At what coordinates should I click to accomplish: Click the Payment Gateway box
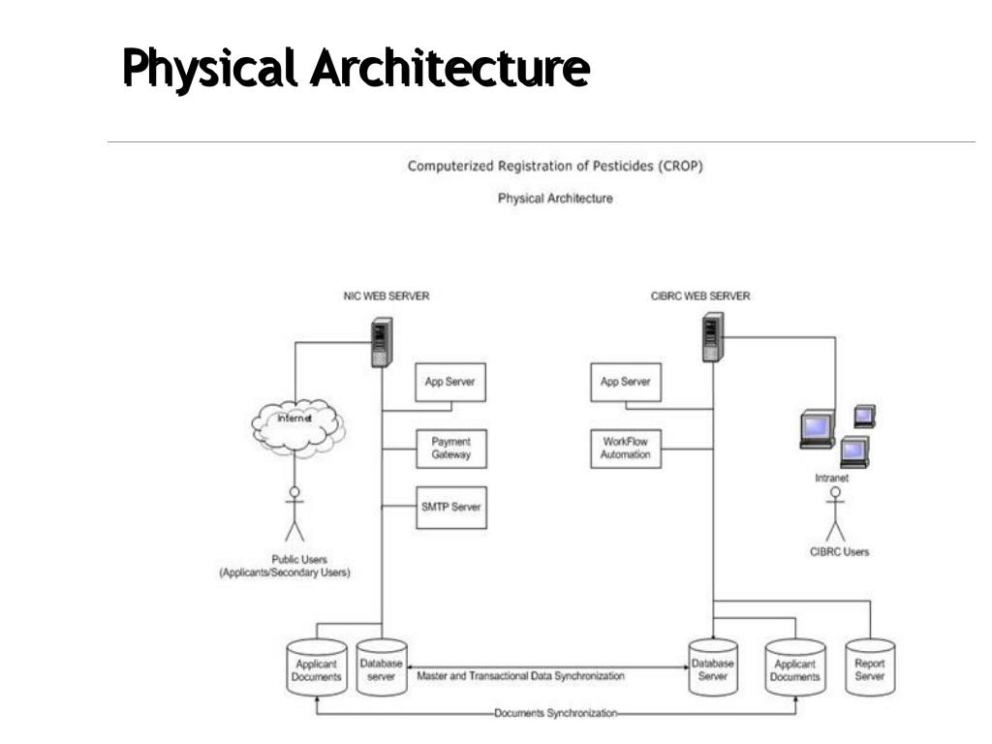[450, 449]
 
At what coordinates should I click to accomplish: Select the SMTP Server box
[450, 508]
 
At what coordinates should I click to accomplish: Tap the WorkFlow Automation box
[625, 449]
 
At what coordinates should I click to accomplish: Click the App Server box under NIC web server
[450, 382]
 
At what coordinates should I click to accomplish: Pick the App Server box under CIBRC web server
[625, 382]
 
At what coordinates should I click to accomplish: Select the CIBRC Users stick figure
[835, 514]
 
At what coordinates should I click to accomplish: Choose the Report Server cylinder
[869, 668]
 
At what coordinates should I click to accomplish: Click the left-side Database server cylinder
[381, 667]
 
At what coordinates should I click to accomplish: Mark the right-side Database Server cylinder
[712, 667]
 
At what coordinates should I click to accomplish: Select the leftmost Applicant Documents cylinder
[317, 668]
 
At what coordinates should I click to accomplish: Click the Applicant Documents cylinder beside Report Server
[794, 668]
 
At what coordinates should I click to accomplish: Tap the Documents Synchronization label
[555, 713]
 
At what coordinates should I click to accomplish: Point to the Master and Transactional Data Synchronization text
[520, 676]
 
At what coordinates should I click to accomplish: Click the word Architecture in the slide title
[449, 69]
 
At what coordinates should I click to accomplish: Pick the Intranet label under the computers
[831, 478]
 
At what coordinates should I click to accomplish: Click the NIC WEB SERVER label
[387, 296]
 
